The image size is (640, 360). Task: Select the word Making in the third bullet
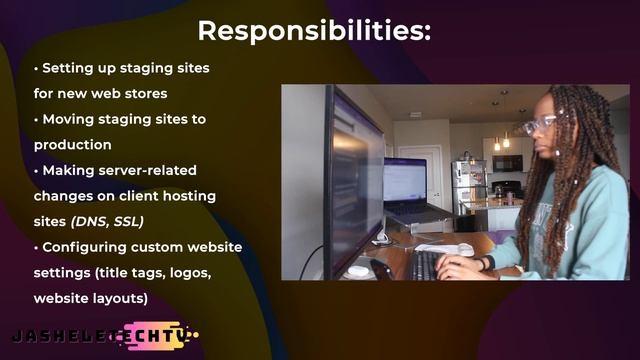tap(68, 170)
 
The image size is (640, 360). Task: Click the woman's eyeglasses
tap(541, 124)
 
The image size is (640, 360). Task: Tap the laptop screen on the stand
tap(405, 181)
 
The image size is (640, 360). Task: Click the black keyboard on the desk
tap(424, 265)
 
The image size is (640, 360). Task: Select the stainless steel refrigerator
tap(468, 186)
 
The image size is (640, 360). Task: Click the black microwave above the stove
tap(507, 163)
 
